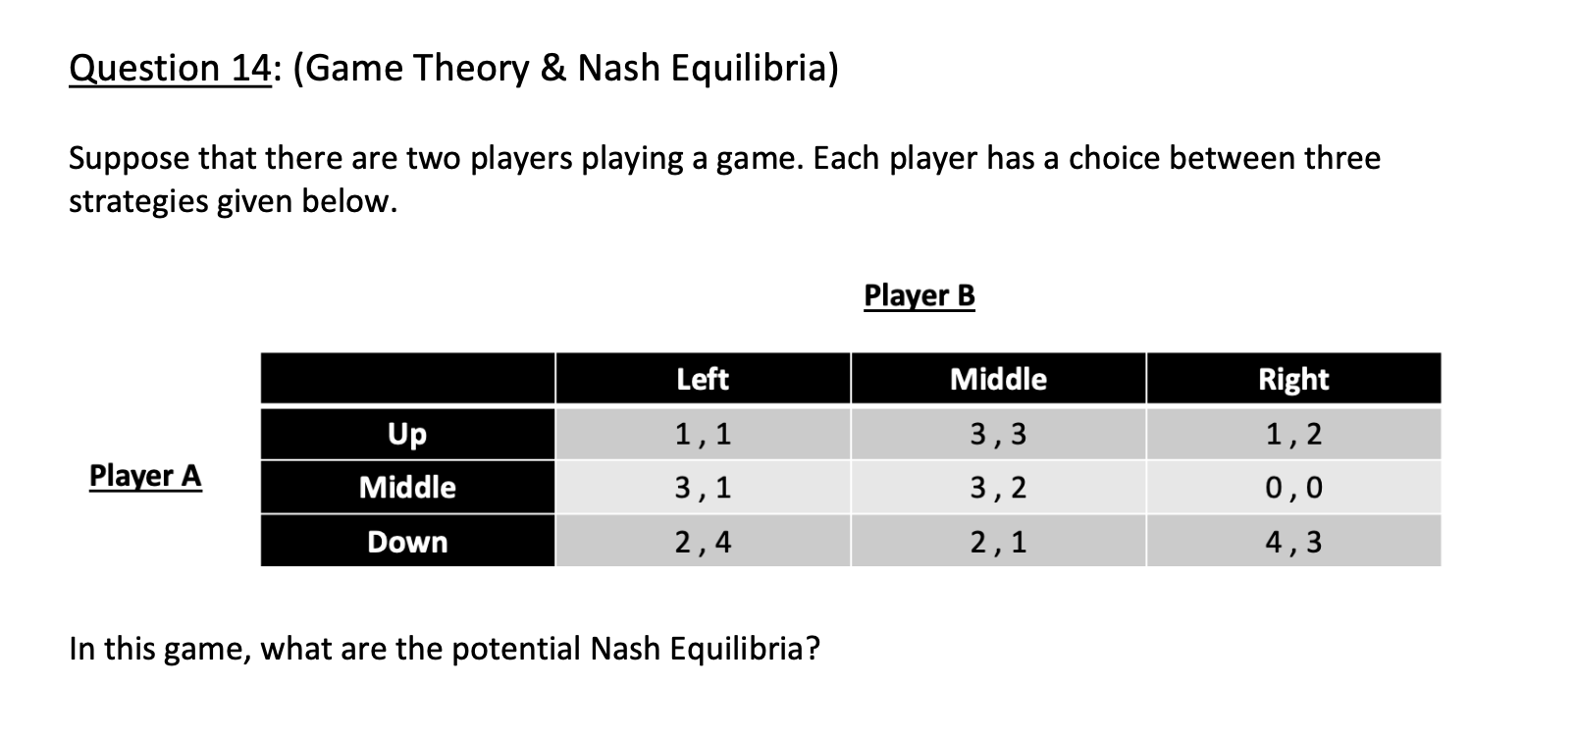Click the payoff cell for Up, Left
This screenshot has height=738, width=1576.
[703, 433]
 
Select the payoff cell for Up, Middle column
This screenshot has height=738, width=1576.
[998, 433]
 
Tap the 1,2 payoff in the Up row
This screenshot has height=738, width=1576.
[1293, 433]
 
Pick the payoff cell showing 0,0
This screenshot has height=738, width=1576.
[1293, 487]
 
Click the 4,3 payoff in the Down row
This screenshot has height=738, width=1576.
[1293, 542]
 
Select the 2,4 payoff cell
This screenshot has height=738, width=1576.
[703, 542]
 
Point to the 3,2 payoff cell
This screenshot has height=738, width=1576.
[998, 487]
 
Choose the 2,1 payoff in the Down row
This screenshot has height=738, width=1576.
[998, 542]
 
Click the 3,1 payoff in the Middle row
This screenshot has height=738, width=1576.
[703, 487]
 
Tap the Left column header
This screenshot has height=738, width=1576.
[703, 379]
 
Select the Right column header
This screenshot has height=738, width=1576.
[1293, 379]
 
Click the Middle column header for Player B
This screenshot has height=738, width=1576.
[998, 379]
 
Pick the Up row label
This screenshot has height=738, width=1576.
[407, 433]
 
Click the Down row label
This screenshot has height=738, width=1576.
[407, 542]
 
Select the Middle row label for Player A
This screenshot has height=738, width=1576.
[407, 487]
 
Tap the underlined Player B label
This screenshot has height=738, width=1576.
[919, 294]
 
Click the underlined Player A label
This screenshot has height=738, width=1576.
[145, 475]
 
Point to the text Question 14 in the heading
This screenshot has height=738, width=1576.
[168, 68]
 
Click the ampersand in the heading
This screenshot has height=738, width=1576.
[552, 68]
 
